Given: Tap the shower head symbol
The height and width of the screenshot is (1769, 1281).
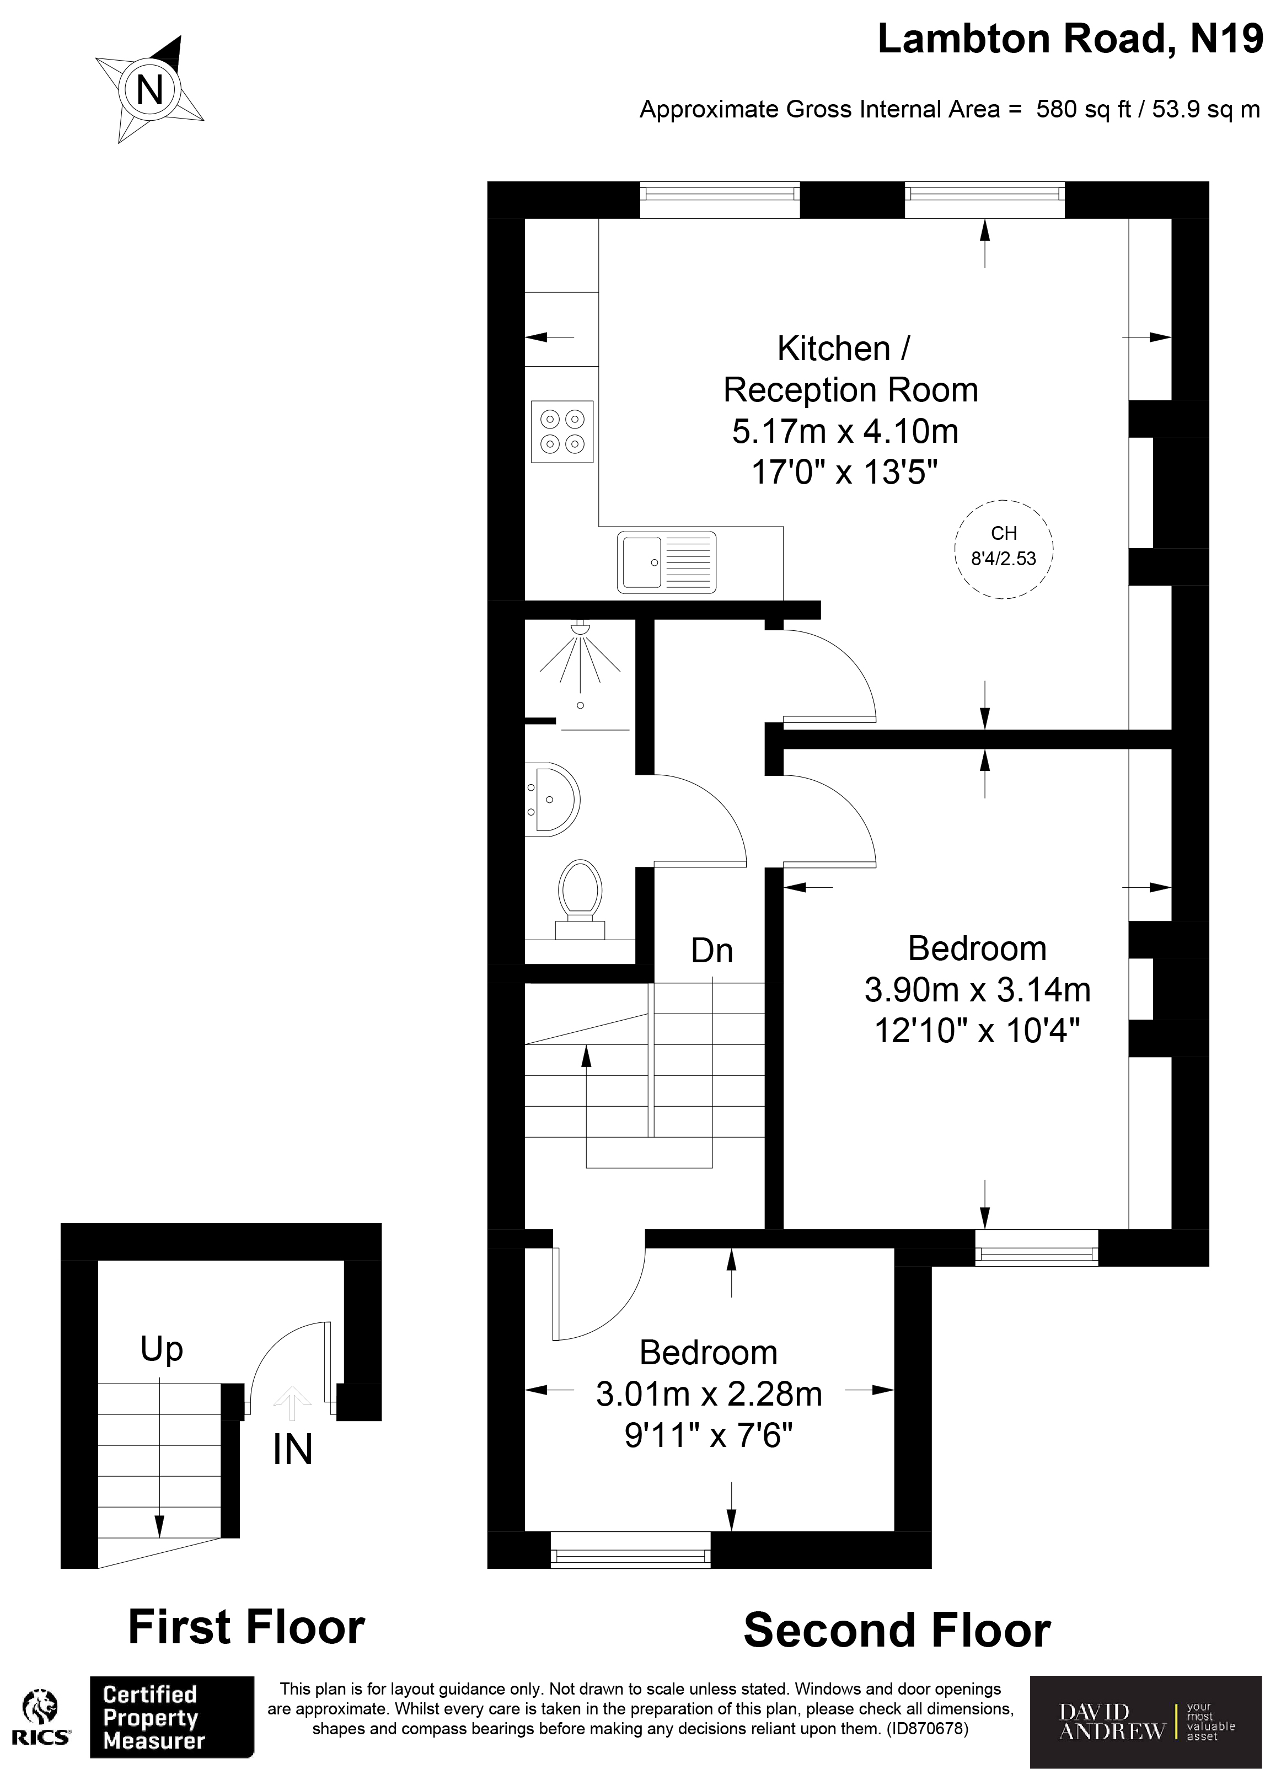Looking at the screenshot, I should [580, 628].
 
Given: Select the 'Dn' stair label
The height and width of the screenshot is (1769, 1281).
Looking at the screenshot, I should [711, 951].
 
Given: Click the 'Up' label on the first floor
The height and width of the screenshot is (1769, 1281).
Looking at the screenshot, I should [162, 1349].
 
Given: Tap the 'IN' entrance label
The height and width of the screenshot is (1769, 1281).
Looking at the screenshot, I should [293, 1449].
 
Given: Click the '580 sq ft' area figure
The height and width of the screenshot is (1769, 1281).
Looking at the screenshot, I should [1083, 109].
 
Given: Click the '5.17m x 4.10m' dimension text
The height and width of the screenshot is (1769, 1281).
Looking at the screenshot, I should [845, 431].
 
